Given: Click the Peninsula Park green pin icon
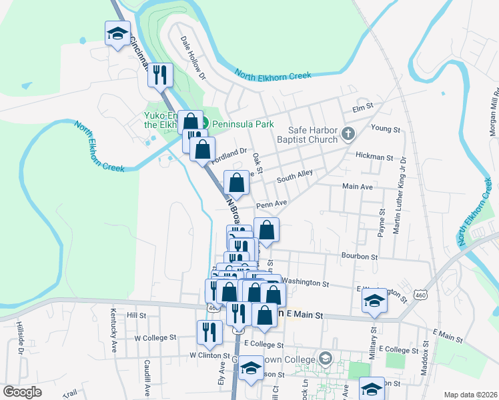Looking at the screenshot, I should pyautogui.click(x=206, y=122).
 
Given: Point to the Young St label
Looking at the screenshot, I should pyautogui.click(x=384, y=128).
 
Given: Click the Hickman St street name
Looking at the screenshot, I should pyautogui.click(x=374, y=157).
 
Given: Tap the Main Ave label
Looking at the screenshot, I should pyautogui.click(x=357, y=187).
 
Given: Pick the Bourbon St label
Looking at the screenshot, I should pyautogui.click(x=360, y=256).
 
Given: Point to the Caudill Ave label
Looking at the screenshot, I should pyautogui.click(x=146, y=377).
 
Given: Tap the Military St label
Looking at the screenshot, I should pyautogui.click(x=372, y=341).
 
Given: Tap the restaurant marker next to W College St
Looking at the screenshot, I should pyautogui.click(x=210, y=333).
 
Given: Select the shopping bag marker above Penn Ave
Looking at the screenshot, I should pyautogui.click(x=236, y=183).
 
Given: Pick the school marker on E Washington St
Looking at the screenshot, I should pyautogui.click(x=374, y=301).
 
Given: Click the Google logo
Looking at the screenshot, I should pyautogui.click(x=22, y=392).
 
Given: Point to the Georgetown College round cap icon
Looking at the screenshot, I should pyautogui.click(x=325, y=359).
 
